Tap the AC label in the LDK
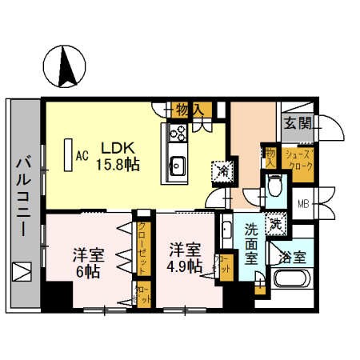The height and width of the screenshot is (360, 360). coord(81,155)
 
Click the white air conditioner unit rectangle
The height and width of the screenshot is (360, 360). coord(66,155)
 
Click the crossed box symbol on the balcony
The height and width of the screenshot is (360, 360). coord(22,272)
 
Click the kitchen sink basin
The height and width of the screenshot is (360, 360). coord(177,167)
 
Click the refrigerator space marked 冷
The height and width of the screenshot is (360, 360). coord(218,170)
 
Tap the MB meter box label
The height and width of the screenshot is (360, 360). coord(303,202)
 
